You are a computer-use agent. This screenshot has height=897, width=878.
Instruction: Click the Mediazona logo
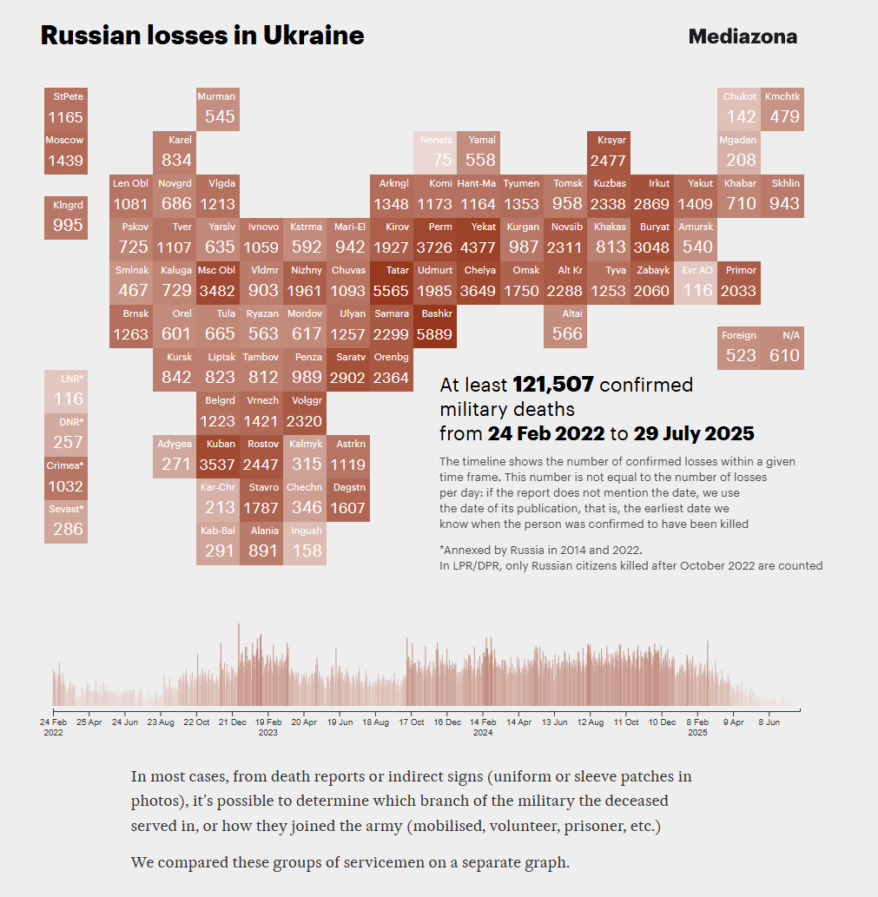(743, 36)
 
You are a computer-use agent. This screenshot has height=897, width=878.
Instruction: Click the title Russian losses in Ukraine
(202, 36)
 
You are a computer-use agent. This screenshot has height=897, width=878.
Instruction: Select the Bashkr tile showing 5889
(435, 326)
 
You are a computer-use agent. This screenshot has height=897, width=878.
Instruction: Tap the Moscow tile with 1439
(65, 152)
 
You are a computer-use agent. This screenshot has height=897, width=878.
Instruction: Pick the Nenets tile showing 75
(435, 152)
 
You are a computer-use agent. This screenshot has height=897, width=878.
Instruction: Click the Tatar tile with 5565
(392, 282)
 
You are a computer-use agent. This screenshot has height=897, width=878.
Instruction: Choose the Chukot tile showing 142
(740, 109)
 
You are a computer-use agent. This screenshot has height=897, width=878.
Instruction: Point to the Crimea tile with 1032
(65, 478)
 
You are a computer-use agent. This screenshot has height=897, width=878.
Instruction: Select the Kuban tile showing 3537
(217, 456)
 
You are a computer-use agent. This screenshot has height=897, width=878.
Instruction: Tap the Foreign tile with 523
(740, 347)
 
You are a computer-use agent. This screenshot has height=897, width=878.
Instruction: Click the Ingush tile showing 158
(305, 543)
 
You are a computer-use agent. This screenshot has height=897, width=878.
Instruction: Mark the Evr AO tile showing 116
(696, 282)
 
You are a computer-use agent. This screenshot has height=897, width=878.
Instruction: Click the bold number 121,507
(553, 385)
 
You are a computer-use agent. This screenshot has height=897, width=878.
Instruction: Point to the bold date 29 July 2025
(693, 433)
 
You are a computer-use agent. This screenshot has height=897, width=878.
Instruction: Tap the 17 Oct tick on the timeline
(411, 722)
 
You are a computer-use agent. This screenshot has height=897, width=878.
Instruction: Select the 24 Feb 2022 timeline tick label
(54, 726)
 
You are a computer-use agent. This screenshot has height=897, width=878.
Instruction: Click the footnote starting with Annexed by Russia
(540, 550)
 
